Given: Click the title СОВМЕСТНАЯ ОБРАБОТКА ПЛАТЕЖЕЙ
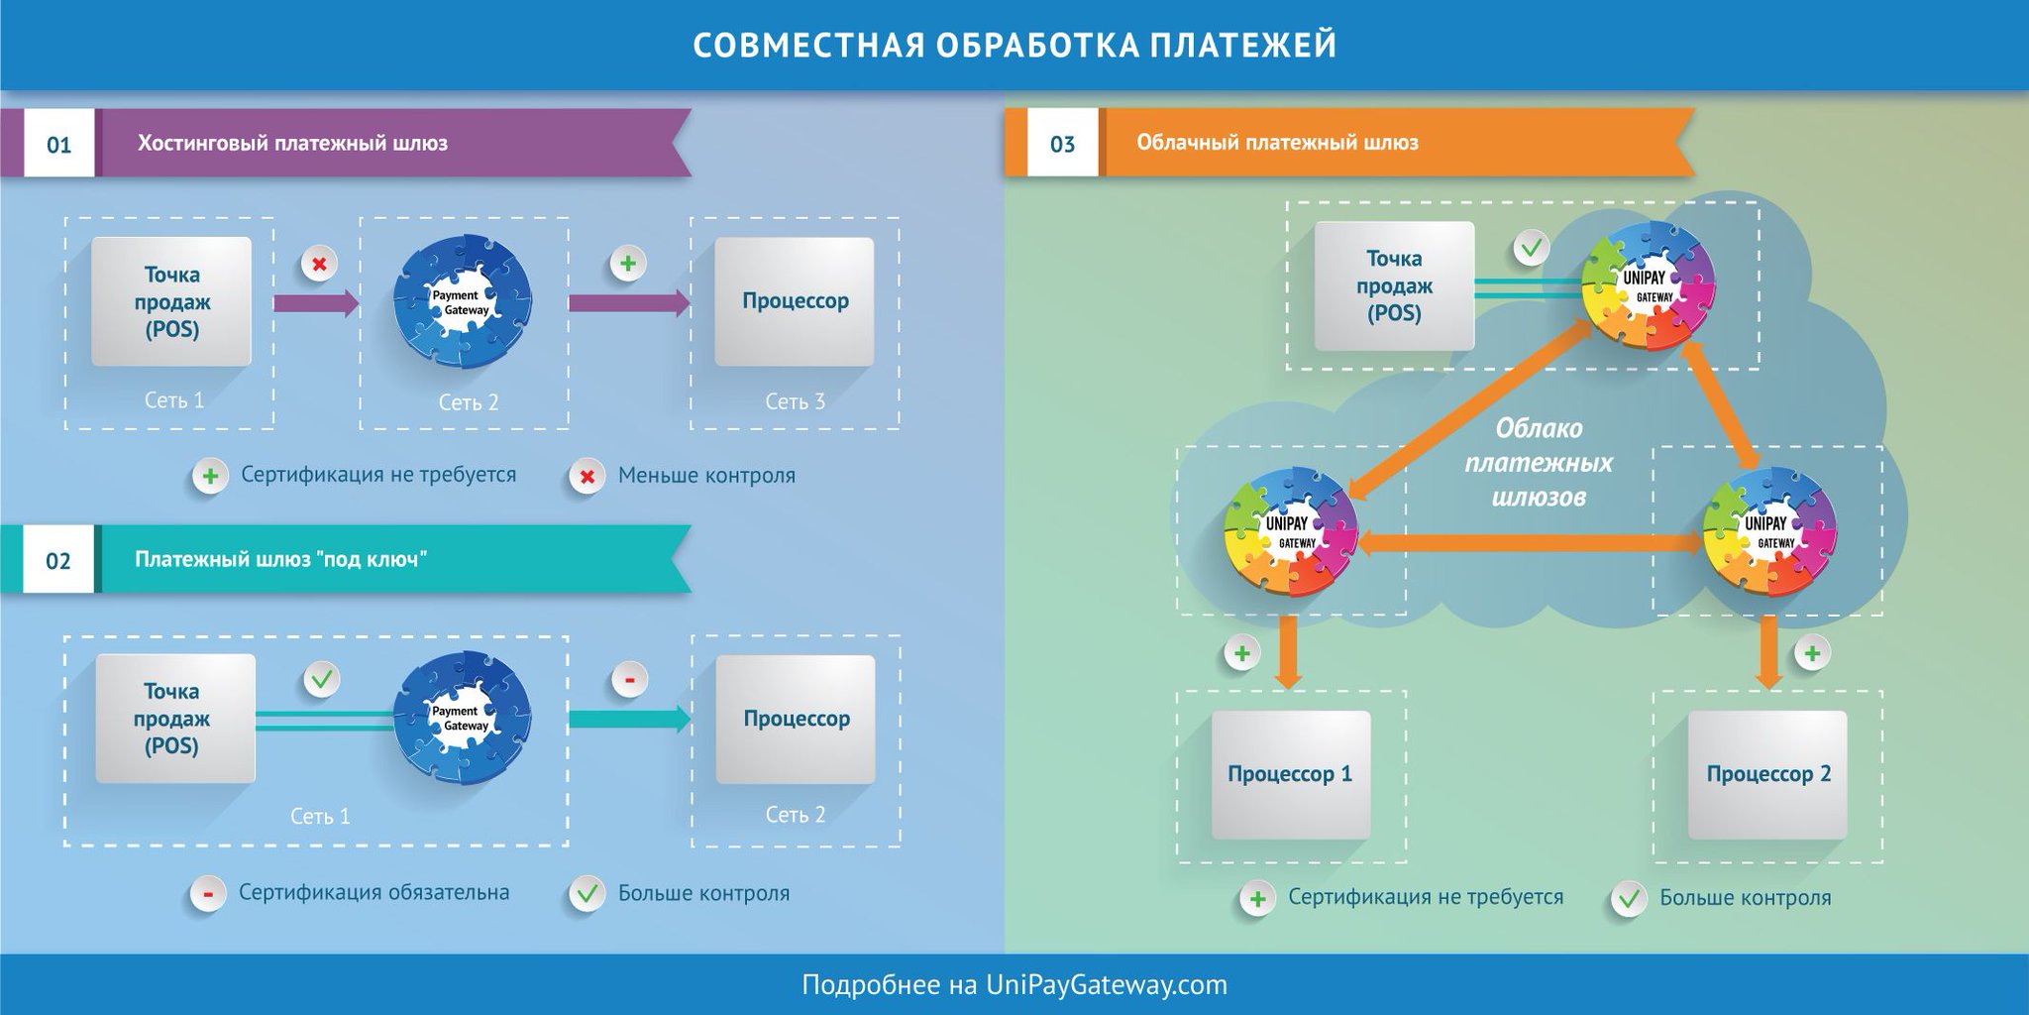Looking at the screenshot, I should pos(1014,46).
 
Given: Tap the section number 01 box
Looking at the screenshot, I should pos(59,145).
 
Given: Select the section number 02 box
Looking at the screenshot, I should pos(58,561).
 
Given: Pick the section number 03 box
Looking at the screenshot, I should pos(1062,145).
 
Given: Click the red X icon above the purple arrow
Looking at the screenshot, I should pos(319,265).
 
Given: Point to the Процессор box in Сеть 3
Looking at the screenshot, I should pos(795,301).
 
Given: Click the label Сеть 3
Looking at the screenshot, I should pos(795,401).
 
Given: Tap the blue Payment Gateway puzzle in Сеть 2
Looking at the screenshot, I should pos(462,301).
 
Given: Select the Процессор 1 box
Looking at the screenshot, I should pos(1290,774).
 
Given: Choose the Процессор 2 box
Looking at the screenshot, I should pos(1767,774).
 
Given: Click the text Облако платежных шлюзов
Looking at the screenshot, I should pos(1539,462).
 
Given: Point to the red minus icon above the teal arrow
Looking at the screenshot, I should pos(629,680).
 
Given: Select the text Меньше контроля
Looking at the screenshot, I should pos(706,476).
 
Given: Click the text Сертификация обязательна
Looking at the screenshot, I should pos(374,892).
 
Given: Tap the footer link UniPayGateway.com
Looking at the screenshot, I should pos(1106,985).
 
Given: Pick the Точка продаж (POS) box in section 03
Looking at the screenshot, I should pos(1394,286).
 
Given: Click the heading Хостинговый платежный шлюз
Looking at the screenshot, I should pos(292,144).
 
